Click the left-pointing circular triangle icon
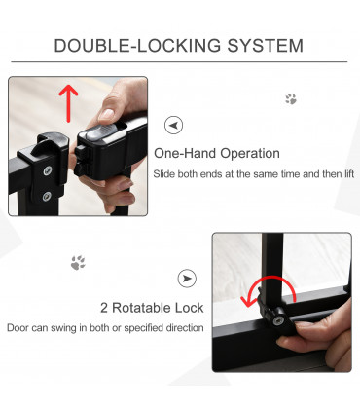click(173, 126)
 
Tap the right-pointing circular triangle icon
click(187, 279)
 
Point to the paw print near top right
click(290, 98)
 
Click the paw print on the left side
click(78, 262)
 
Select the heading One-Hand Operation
click(217, 153)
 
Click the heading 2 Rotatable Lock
click(157, 308)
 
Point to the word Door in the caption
click(18, 327)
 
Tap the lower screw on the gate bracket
click(47, 195)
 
